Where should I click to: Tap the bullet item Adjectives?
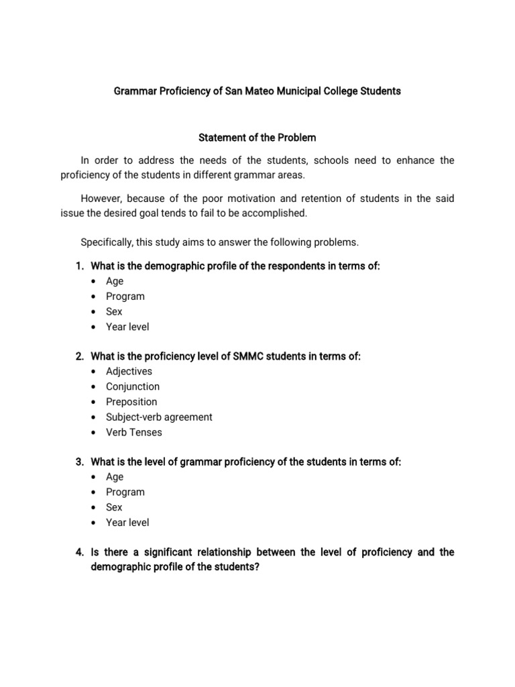[129, 371]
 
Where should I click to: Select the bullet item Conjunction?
[133, 386]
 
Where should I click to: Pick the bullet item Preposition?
[131, 402]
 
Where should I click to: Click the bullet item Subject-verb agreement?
[159, 417]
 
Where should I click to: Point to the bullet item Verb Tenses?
[134, 432]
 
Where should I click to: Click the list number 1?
[78, 266]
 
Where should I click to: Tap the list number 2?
[78, 356]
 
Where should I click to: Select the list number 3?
[78, 462]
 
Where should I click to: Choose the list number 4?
[78, 552]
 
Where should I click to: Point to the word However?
[101, 198]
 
